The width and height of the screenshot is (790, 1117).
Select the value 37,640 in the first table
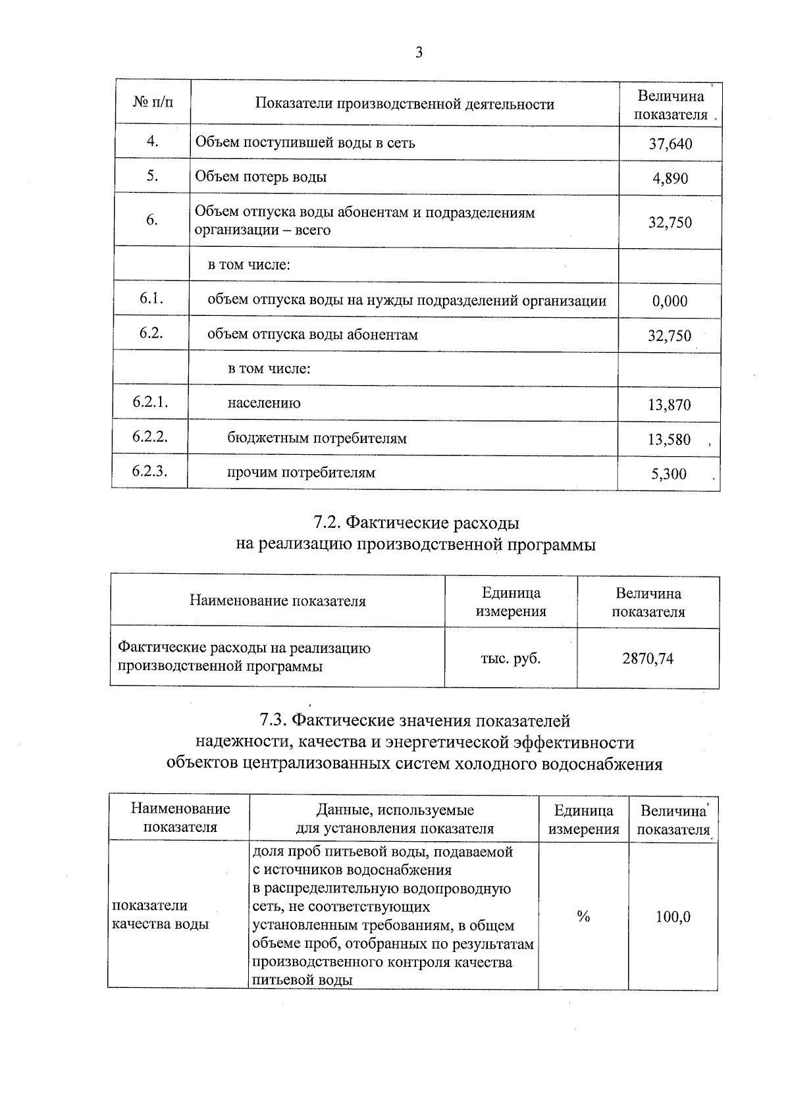[670, 143]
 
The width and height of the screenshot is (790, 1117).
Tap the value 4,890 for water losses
[670, 178]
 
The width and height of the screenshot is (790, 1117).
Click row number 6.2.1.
[150, 402]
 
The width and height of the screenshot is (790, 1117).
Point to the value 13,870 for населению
[670, 405]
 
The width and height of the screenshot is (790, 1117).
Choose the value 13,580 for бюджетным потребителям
[669, 439]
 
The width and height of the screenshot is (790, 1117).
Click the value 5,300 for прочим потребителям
[669, 474]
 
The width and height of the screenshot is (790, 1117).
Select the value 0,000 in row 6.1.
[670, 301]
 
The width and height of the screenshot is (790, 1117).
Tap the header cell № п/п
[153, 103]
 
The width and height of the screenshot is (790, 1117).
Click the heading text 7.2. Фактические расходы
[416, 523]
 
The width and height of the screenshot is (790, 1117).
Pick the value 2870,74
[648, 658]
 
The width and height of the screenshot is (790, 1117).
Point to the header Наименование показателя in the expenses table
[277, 601]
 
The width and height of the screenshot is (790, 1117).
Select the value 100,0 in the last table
[673, 916]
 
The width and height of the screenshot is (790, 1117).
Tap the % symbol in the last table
[583, 916]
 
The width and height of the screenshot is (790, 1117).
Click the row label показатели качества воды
[161, 915]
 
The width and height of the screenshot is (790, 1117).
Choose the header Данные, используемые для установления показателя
[394, 819]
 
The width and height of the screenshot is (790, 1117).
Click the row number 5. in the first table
[152, 175]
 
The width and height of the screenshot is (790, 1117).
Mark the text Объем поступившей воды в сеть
[305, 143]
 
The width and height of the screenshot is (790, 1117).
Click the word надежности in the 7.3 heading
[242, 742]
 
